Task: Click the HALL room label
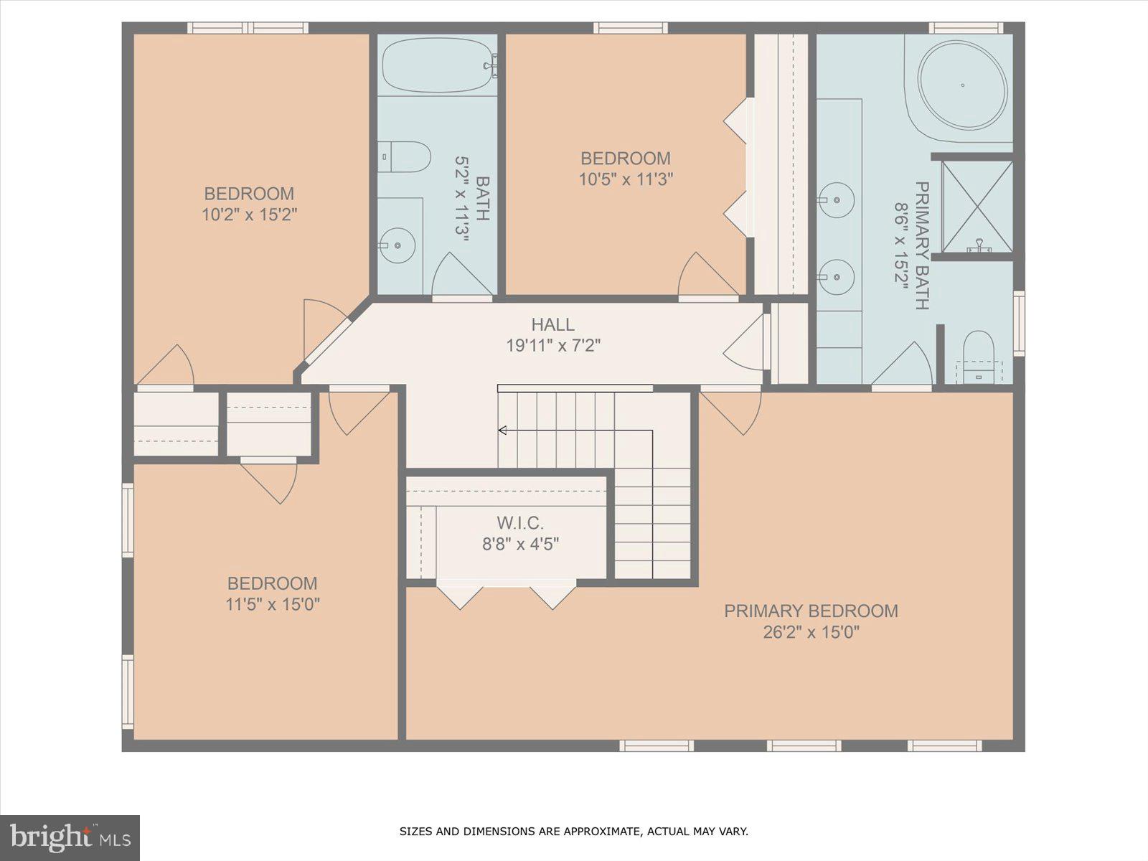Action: click(552, 324)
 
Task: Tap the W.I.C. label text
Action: click(520, 522)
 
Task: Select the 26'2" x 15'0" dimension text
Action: click(811, 632)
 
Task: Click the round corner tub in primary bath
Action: click(962, 85)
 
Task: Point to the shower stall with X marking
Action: click(977, 207)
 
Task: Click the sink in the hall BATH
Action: click(397, 245)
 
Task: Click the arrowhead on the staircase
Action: click(502, 430)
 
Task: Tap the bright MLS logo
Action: click(70, 837)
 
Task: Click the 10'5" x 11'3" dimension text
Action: click(626, 179)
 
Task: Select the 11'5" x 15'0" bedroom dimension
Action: click(273, 604)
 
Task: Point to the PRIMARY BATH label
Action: click(922, 245)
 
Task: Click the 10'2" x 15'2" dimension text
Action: click(249, 215)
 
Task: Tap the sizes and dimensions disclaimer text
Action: click(573, 832)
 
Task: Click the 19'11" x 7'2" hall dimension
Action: click(552, 346)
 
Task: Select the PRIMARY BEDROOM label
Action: click(811, 611)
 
